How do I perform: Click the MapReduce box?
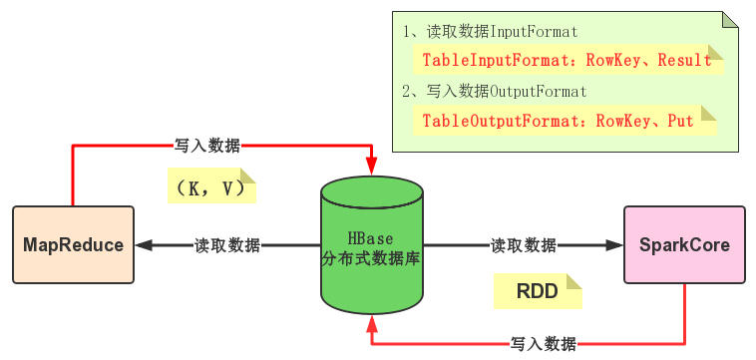point(73,245)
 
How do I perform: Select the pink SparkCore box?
point(684,245)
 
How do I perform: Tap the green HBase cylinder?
point(371,245)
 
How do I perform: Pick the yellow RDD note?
point(538,291)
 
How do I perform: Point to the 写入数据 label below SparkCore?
point(543,344)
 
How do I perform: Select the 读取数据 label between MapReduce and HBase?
point(227,245)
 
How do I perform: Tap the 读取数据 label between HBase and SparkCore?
point(523,245)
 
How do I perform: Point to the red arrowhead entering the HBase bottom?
point(371,323)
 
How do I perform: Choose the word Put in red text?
point(680,122)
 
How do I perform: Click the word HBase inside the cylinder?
point(370,239)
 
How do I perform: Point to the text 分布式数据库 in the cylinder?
point(370,258)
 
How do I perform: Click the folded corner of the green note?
point(730,20)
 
